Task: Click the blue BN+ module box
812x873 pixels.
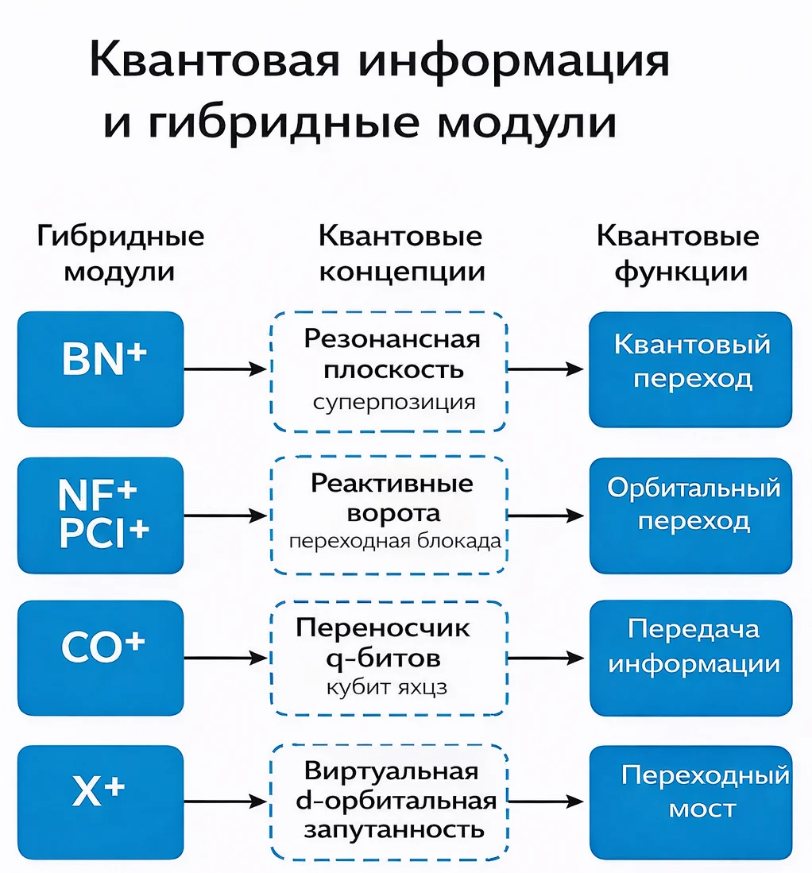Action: (x=100, y=369)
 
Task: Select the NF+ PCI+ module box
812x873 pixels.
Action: (x=100, y=515)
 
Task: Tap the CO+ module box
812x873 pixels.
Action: (x=100, y=657)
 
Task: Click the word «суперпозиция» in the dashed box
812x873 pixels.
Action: (x=394, y=402)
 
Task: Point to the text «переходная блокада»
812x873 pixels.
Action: (x=394, y=542)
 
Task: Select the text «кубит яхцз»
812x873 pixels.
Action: (x=387, y=687)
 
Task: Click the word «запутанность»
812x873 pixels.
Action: (x=394, y=829)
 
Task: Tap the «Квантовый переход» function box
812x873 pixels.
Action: (x=691, y=369)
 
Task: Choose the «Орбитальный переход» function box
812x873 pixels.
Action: (x=691, y=515)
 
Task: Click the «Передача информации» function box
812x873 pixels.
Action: (x=691, y=657)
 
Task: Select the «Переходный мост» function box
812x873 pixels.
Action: (x=691, y=802)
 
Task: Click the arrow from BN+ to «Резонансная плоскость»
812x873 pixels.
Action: (x=224, y=369)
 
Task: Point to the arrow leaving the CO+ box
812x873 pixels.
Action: (x=224, y=658)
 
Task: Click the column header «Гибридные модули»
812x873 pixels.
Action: (x=120, y=254)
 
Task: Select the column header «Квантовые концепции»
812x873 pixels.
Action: (x=400, y=254)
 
